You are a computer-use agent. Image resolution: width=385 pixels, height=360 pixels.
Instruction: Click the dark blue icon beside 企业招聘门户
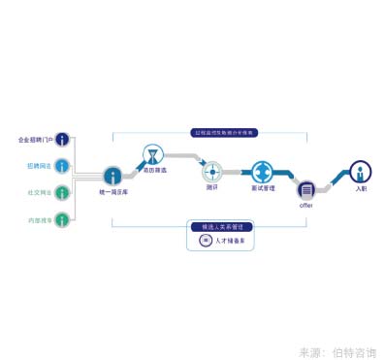(63, 139)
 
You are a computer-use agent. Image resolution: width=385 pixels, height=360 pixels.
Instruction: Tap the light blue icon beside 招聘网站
(63, 166)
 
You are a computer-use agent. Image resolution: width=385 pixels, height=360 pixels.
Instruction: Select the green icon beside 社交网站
(63, 192)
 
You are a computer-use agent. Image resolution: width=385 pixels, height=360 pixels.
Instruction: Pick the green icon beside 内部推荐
(63, 220)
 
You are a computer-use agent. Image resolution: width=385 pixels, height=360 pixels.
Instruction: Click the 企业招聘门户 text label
(37, 139)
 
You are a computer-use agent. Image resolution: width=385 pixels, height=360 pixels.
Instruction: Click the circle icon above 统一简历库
(113, 176)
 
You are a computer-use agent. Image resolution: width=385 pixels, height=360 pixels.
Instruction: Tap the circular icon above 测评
(212, 173)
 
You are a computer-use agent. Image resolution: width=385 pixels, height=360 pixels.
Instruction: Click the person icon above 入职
(361, 172)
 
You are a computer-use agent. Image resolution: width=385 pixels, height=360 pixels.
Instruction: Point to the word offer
(305, 205)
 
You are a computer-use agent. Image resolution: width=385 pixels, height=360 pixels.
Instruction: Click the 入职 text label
(361, 188)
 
